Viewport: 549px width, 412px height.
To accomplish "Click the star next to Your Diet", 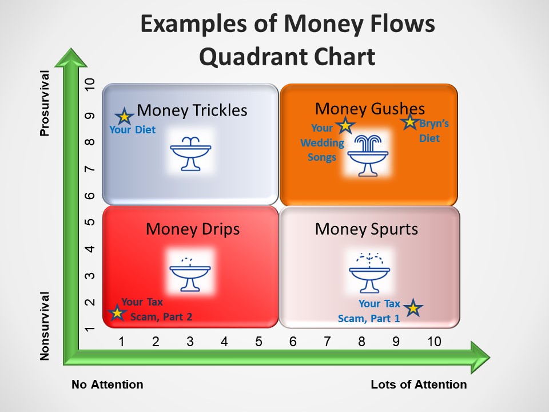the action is point(124,116).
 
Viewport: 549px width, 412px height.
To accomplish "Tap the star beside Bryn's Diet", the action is point(409,122).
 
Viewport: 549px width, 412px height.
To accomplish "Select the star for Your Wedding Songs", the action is point(345,125).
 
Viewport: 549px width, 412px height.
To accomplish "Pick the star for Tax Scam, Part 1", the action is point(413,308).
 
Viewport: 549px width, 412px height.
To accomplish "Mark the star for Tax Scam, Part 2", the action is point(117,312).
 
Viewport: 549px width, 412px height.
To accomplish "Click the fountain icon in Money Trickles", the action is point(190,153).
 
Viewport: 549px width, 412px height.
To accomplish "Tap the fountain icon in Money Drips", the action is point(190,274).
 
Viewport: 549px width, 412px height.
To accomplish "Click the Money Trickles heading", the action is point(192,110).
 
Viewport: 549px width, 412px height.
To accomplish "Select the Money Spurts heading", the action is point(367,229).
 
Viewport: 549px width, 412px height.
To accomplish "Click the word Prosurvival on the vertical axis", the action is point(45,103).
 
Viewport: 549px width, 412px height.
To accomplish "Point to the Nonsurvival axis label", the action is point(45,326).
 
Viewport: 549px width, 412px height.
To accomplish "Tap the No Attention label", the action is point(107,385).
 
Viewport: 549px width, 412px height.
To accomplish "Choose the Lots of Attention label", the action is point(419,385).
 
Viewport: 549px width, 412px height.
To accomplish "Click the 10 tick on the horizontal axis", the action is point(434,342).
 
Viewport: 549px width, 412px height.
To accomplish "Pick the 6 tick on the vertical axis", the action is point(90,196).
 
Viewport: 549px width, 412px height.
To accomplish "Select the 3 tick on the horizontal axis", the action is point(190,342).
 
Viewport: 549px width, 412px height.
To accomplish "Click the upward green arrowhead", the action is point(71,57).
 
